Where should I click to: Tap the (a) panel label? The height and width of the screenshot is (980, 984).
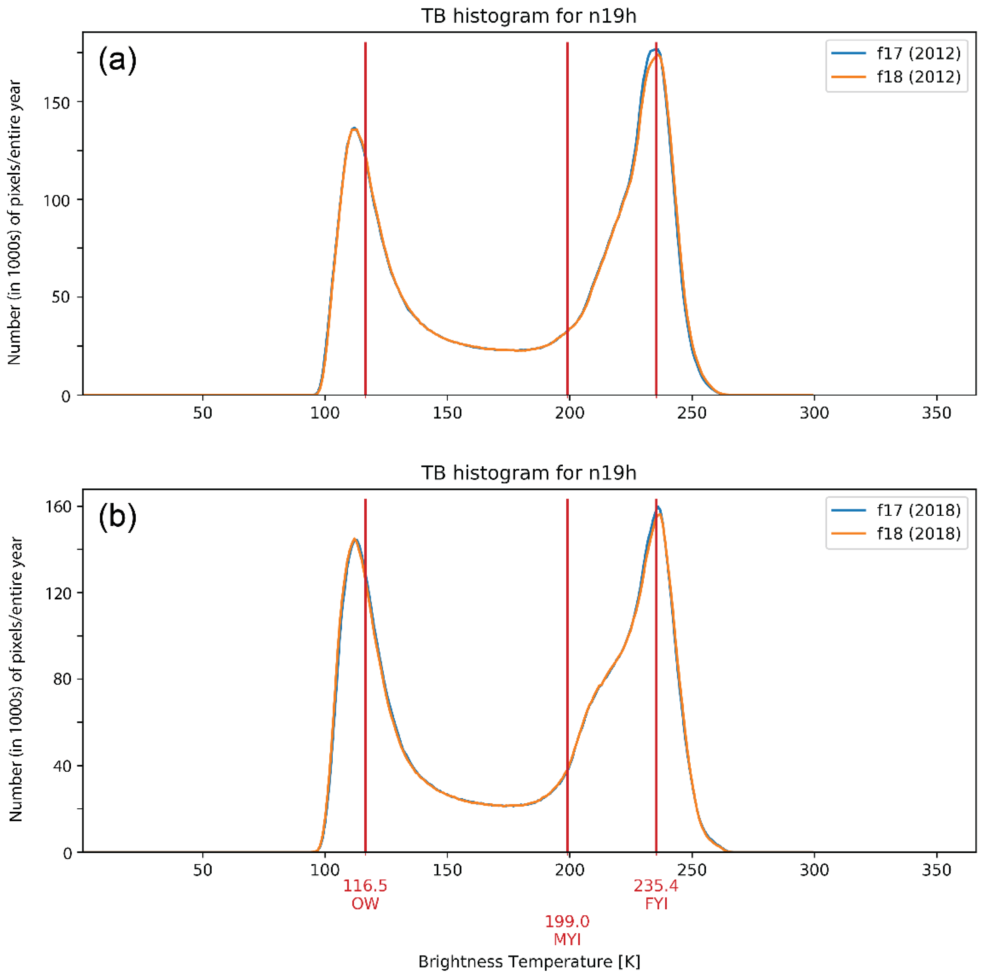[x=117, y=60]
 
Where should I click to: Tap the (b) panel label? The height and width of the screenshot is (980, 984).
[x=117, y=517]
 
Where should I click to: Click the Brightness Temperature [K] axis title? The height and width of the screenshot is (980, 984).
[x=529, y=962]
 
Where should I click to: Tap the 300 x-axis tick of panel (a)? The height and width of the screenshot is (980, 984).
[x=814, y=412]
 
